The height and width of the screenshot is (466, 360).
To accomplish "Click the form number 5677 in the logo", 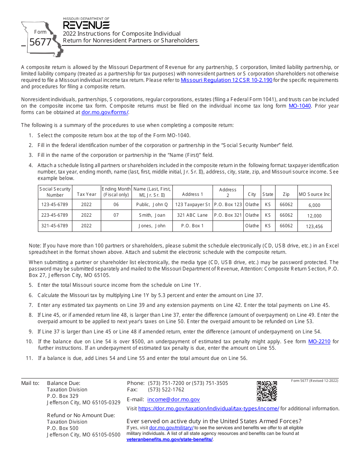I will click(40, 42).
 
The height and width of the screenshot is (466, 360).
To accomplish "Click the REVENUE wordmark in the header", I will click(86, 25).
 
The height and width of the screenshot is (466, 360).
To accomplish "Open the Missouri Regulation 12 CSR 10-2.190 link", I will click(226, 80).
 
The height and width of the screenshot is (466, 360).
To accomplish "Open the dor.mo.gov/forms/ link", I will click(105, 112).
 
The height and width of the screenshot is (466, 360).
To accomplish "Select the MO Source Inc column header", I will click(314, 194).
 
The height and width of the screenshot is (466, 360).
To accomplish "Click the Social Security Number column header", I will click(55, 192).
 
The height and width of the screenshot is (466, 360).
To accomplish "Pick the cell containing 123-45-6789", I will click(55, 205).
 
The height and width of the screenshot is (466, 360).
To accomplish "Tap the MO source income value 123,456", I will click(314, 226).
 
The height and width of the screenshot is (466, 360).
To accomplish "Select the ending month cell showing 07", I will click(116, 215).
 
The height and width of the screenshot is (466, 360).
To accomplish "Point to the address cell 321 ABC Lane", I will click(192, 215).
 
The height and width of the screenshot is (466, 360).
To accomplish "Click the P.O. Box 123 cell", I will click(228, 205).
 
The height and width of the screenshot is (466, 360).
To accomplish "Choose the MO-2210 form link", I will click(319, 341).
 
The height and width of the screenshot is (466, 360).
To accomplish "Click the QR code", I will click(267, 391).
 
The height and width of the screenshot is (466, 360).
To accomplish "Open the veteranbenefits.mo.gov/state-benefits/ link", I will click(169, 439).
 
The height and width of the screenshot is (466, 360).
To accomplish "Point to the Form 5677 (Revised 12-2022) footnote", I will click(315, 381).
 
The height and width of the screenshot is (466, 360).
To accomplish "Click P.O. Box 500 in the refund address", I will click(63, 428).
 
